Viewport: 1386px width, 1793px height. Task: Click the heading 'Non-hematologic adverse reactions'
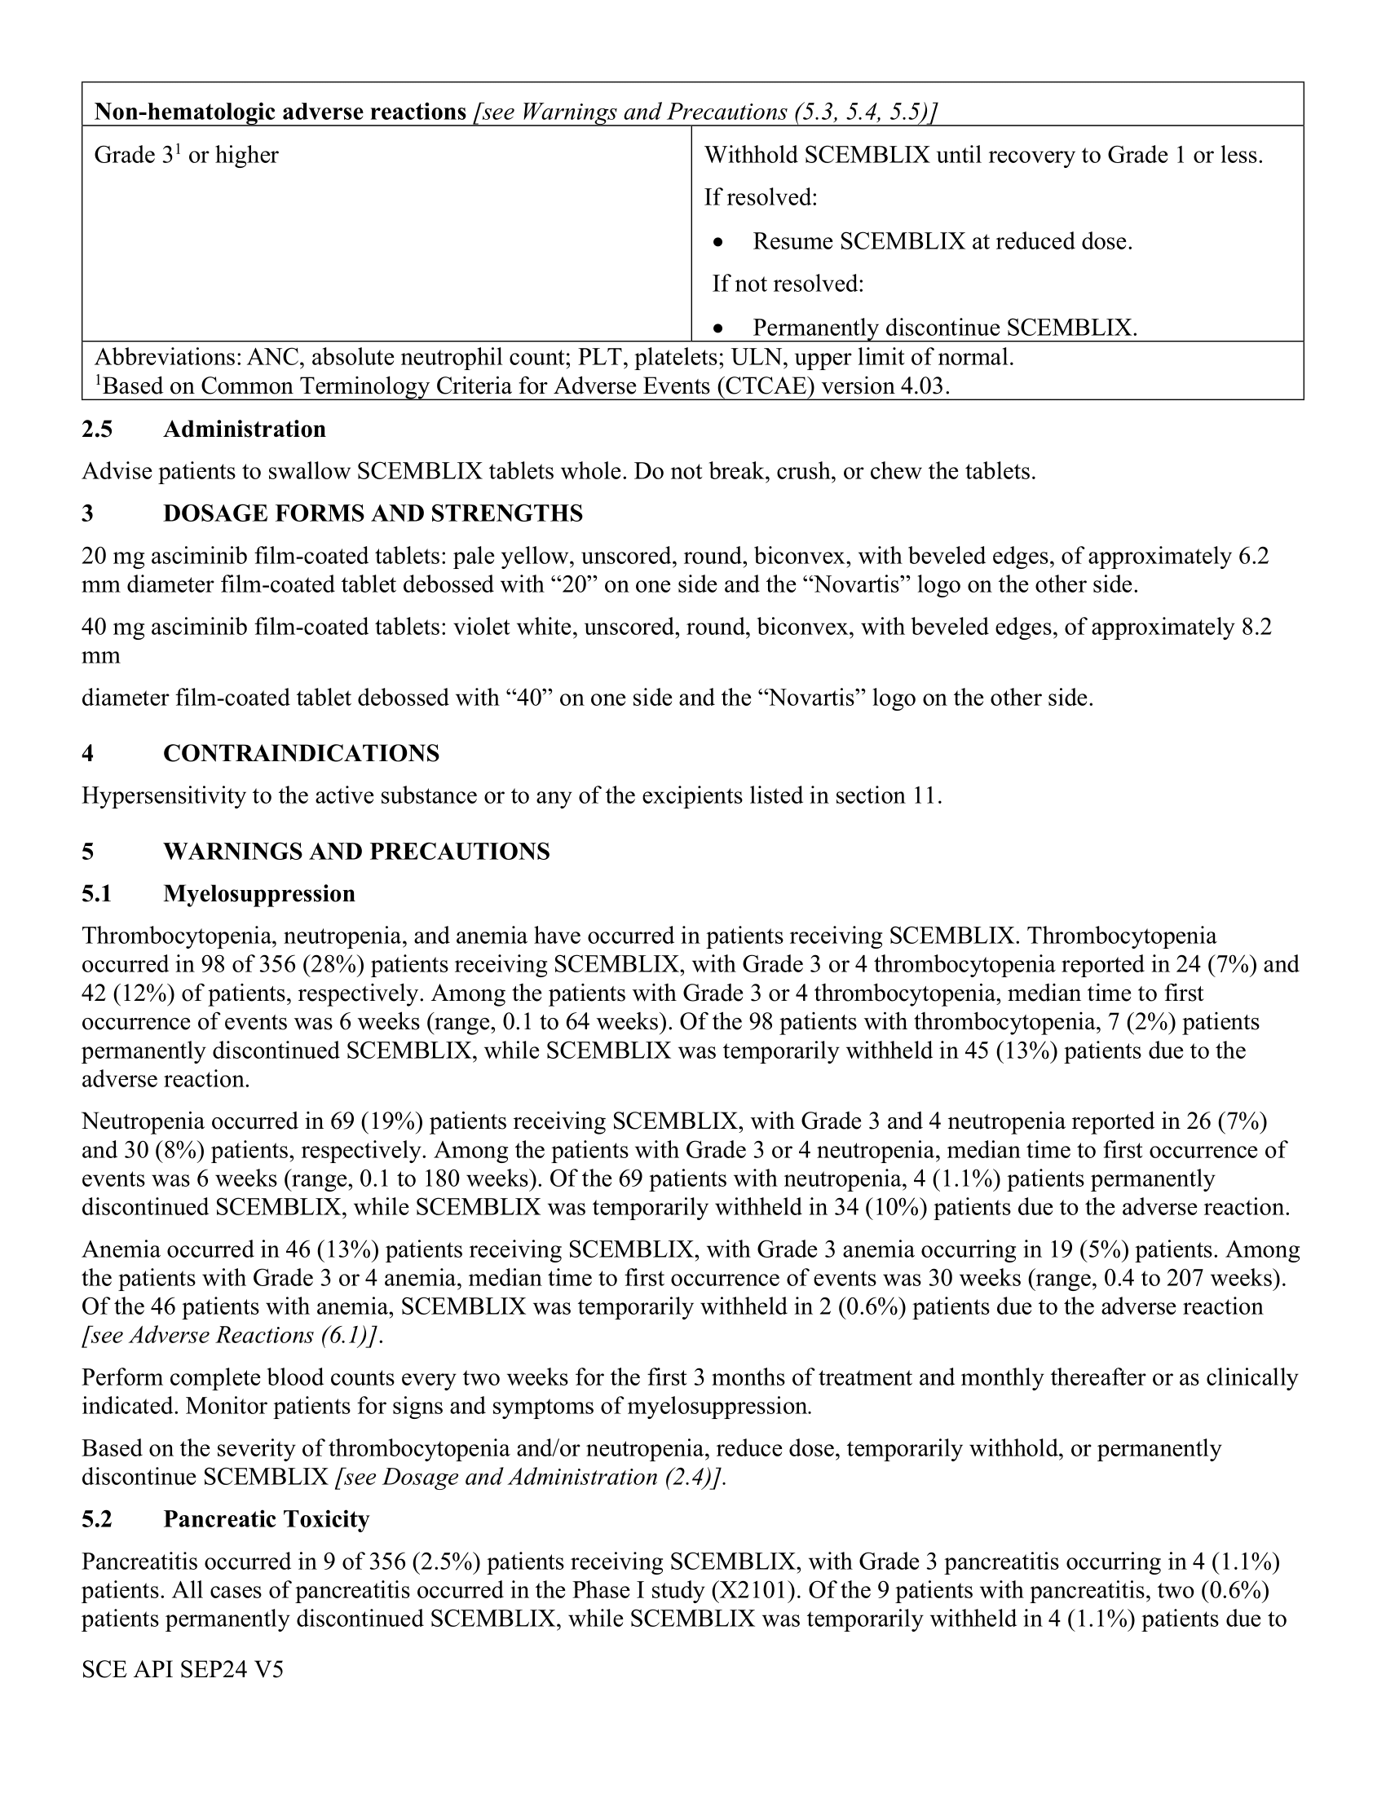(280, 112)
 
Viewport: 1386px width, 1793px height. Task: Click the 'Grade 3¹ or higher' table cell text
(187, 154)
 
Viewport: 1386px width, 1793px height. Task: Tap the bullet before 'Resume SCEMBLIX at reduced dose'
(718, 243)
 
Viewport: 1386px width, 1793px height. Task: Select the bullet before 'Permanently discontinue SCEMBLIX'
(718, 329)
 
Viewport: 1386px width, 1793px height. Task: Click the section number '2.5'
(97, 430)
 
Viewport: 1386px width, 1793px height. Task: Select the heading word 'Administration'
(244, 430)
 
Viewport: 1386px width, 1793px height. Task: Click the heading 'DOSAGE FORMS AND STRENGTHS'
(373, 513)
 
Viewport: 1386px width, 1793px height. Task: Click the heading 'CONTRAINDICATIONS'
(302, 753)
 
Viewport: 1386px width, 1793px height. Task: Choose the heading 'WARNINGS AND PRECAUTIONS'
(356, 852)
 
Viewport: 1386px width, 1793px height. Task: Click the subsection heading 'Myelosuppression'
(258, 893)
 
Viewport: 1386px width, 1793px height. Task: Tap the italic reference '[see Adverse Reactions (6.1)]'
(232, 1336)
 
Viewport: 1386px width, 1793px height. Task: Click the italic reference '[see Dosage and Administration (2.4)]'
(532, 1477)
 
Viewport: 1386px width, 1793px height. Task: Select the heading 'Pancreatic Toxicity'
(266, 1519)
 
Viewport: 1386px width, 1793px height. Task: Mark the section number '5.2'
(97, 1519)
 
